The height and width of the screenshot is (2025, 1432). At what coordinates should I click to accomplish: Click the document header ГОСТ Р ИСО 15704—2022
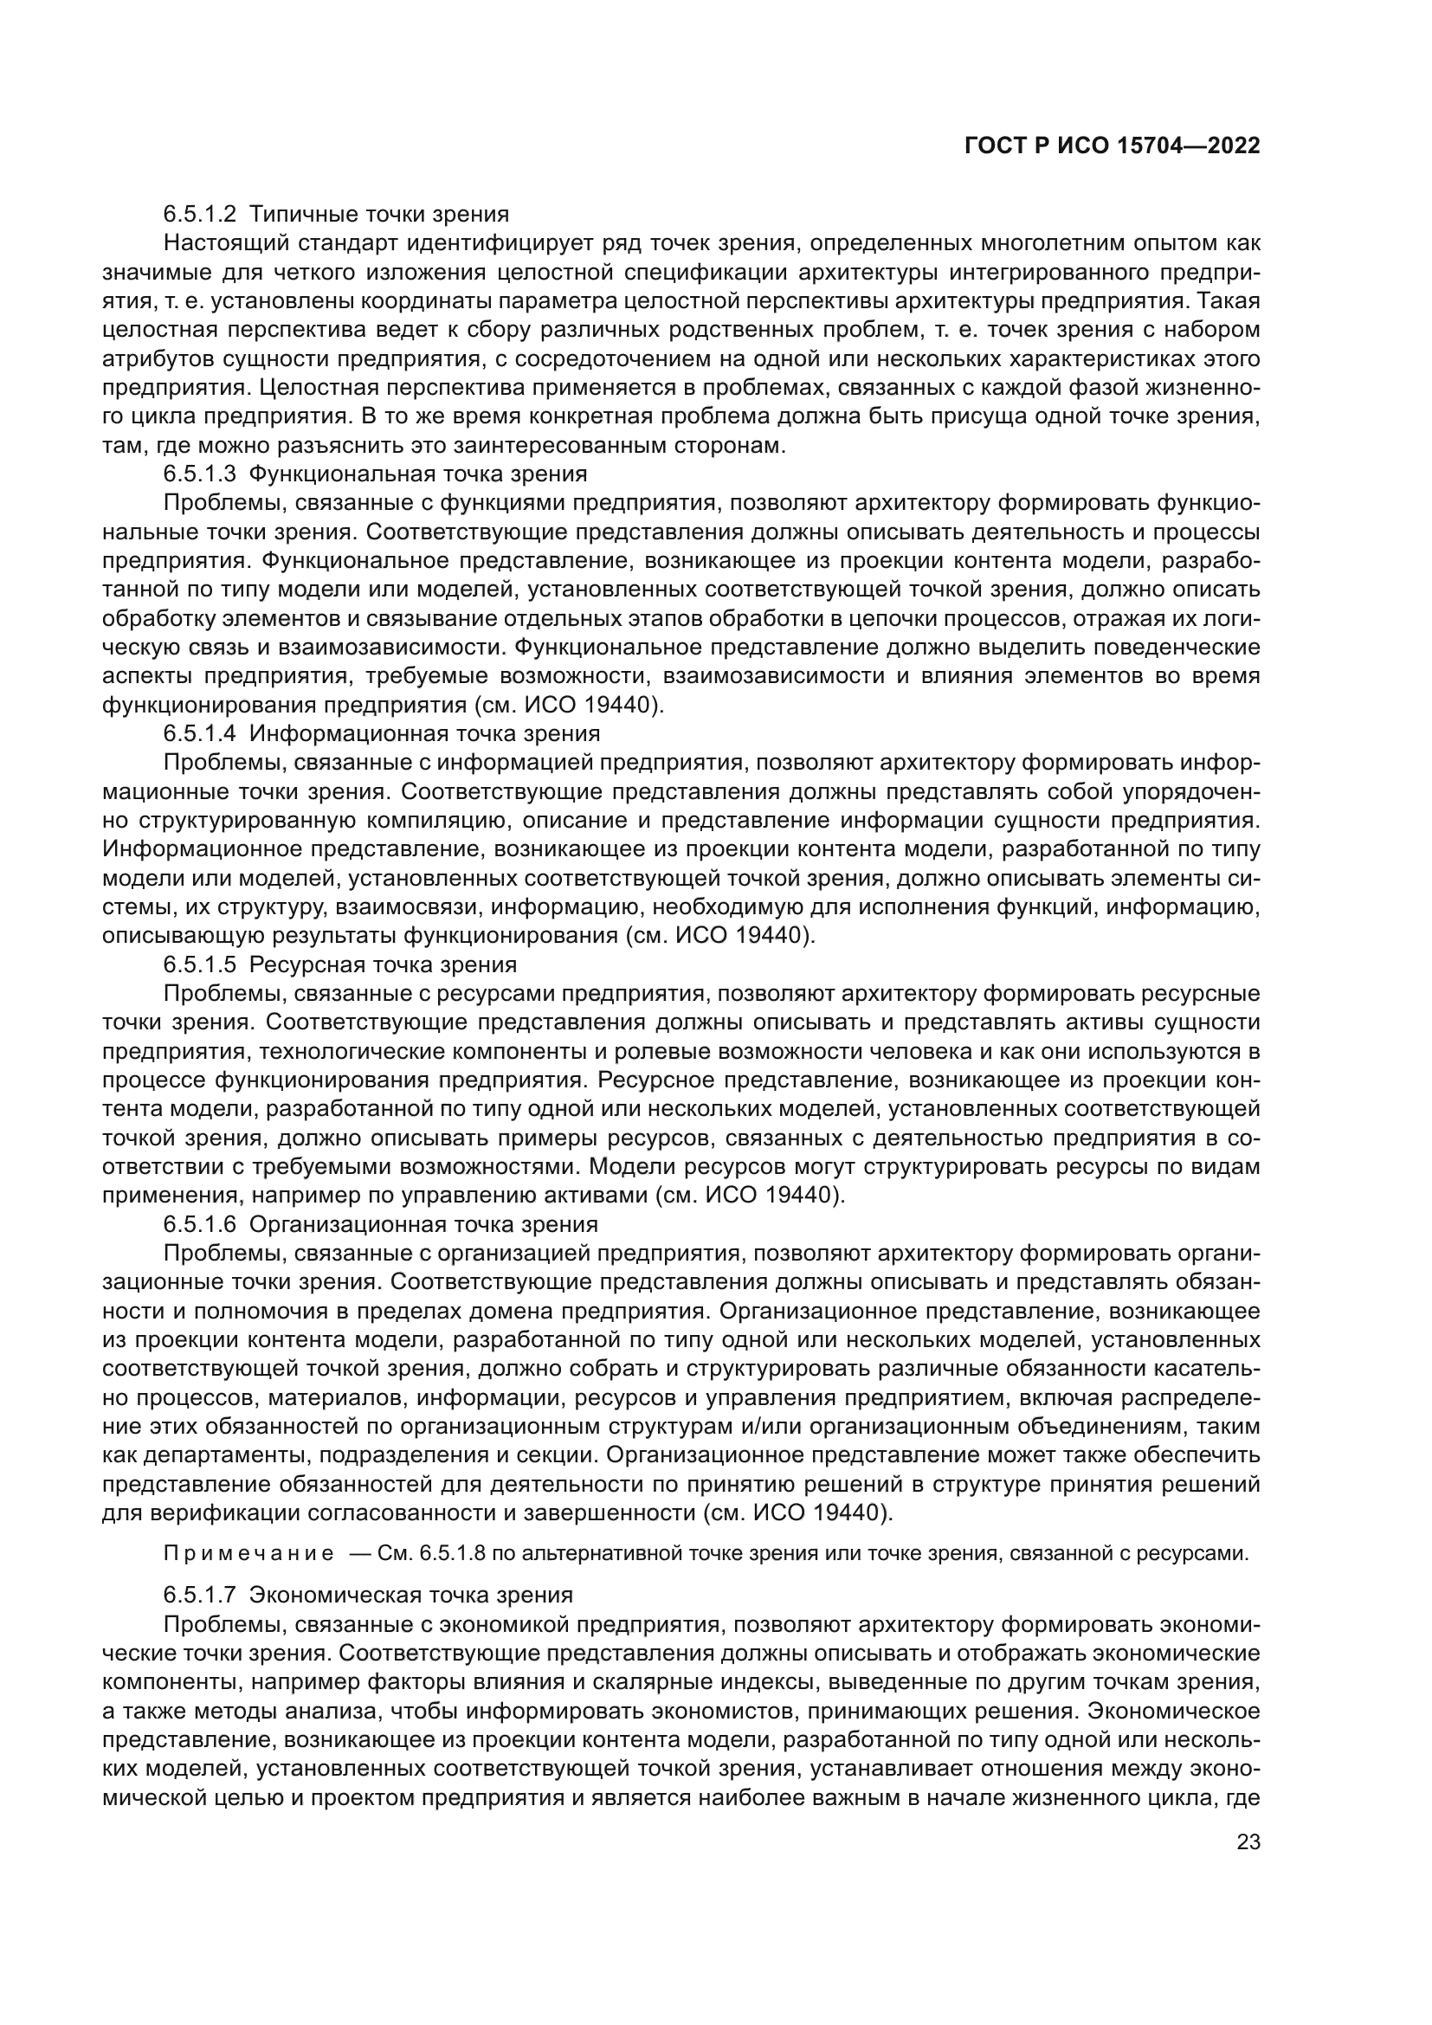tap(1112, 145)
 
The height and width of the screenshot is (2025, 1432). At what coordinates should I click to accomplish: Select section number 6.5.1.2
tap(199, 215)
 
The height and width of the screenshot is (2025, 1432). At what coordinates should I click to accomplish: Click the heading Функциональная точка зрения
tap(418, 474)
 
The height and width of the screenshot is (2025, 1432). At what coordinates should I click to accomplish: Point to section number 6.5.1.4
tap(199, 734)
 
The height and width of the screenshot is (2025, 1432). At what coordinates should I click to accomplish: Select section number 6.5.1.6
tap(199, 1224)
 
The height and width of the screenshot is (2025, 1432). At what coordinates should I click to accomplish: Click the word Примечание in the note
tap(248, 1553)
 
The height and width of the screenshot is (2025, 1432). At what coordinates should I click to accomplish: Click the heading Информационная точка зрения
tap(424, 734)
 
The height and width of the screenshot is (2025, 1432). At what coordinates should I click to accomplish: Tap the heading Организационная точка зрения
tap(423, 1224)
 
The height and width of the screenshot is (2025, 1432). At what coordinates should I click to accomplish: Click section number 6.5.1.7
tap(199, 1595)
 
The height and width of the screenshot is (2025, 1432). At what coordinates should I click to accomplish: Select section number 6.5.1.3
tap(199, 474)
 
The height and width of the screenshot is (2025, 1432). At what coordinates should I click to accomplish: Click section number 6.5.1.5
tap(199, 964)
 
